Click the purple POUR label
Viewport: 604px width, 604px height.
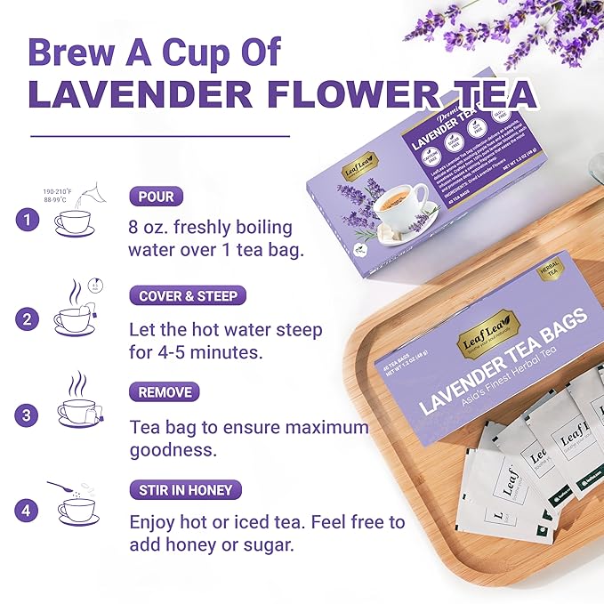tap(156, 197)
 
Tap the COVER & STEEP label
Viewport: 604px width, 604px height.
tap(188, 295)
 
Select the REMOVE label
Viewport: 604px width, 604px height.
tap(165, 392)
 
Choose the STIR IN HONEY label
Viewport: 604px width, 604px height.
tap(185, 489)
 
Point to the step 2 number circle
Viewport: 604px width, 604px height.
tap(28, 318)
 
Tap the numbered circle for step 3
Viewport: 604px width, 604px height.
tap(28, 415)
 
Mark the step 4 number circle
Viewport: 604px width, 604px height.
tap(28, 511)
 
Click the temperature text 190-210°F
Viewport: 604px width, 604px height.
tap(59, 191)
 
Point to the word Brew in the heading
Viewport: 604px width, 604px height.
tap(70, 52)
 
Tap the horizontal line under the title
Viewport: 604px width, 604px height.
tap(160, 136)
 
